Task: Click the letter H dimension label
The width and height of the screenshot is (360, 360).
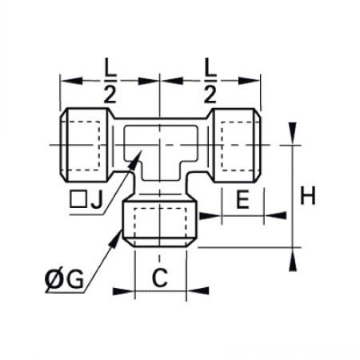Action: pos(308,195)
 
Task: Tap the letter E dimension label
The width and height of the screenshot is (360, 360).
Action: pos(243,199)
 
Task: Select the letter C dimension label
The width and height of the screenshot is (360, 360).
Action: pos(160,278)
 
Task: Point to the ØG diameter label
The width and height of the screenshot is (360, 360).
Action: pos(64,279)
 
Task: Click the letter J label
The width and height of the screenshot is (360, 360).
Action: pos(97,199)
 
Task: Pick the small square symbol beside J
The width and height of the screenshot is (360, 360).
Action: pos(78,199)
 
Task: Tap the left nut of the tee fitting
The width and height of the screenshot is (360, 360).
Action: pos(85,145)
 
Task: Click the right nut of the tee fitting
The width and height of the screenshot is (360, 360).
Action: pos(235,145)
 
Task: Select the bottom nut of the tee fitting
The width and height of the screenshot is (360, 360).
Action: pos(159,223)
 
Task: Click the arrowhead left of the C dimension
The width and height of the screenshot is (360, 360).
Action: pos(123,291)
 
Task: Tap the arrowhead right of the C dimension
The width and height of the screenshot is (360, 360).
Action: pos(198,290)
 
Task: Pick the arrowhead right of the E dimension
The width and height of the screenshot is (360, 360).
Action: pos(275,215)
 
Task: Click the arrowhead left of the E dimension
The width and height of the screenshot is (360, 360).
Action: pos(210,216)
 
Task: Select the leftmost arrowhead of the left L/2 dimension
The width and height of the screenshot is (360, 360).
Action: pos(71,81)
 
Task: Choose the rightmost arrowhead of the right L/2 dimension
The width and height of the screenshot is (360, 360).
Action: pos(249,81)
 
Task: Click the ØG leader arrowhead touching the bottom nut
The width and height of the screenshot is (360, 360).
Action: pos(115,239)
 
